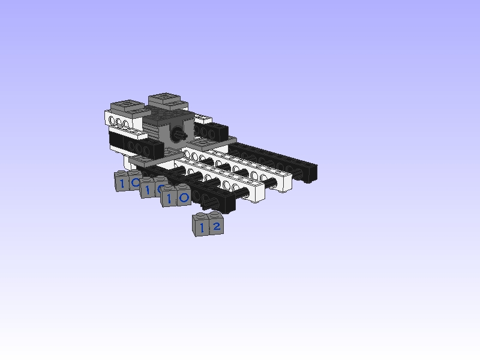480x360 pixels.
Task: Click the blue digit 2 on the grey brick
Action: click(217, 227)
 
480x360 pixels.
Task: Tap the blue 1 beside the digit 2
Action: click(202, 228)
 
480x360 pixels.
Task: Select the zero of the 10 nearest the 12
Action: click(184, 198)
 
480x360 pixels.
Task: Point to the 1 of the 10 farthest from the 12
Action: click(122, 184)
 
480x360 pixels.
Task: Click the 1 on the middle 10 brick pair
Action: click(148, 190)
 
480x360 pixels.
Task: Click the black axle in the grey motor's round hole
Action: click(178, 134)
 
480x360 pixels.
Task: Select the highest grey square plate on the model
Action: click(168, 101)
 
